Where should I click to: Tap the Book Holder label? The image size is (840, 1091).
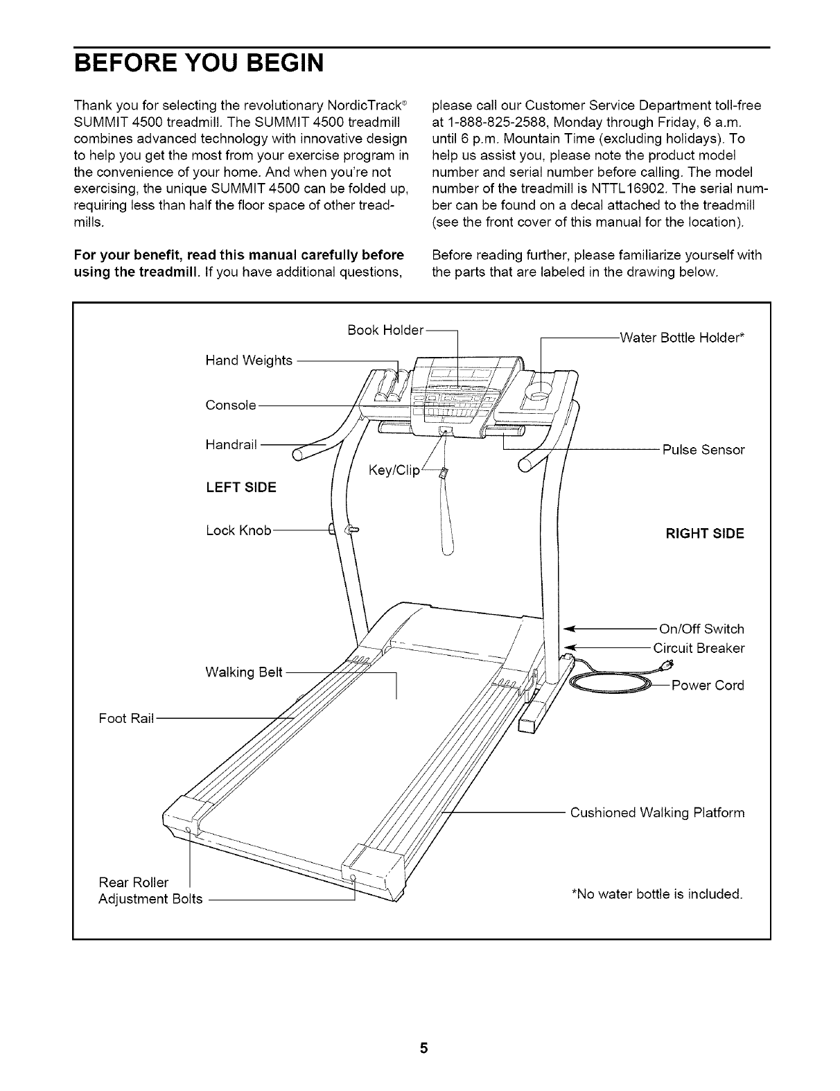click(385, 330)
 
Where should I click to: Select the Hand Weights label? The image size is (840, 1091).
click(249, 360)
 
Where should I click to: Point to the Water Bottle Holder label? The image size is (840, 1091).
click(682, 338)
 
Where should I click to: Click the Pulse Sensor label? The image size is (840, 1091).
click(703, 450)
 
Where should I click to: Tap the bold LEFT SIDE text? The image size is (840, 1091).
click(240, 487)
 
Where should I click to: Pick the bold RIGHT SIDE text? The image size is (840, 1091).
click(704, 534)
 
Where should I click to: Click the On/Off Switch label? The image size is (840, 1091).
click(701, 629)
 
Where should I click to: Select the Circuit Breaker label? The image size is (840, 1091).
click(699, 648)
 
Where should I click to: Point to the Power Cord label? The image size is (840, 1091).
click(708, 686)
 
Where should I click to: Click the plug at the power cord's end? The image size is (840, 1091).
click(667, 667)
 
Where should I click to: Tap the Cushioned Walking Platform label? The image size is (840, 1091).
click(657, 812)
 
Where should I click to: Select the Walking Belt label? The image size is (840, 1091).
click(244, 672)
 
